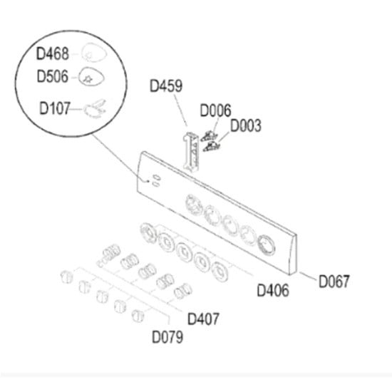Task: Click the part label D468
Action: [53, 53]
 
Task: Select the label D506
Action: [53, 76]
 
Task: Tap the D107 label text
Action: [55, 108]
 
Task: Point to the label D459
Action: [166, 86]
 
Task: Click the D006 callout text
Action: [215, 110]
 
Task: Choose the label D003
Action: [246, 125]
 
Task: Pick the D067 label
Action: [334, 282]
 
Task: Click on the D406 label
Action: [273, 291]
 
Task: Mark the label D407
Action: [203, 319]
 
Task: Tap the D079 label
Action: [167, 337]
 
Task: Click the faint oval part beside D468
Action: [94, 52]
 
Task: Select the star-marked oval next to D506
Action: [91, 77]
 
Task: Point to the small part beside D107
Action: [95, 109]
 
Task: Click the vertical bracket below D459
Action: [191, 152]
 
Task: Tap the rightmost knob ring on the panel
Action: [266, 244]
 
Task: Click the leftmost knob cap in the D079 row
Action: [67, 277]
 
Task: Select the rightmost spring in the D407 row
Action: [183, 292]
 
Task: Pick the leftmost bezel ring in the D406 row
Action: [148, 233]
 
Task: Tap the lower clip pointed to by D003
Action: [211, 147]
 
